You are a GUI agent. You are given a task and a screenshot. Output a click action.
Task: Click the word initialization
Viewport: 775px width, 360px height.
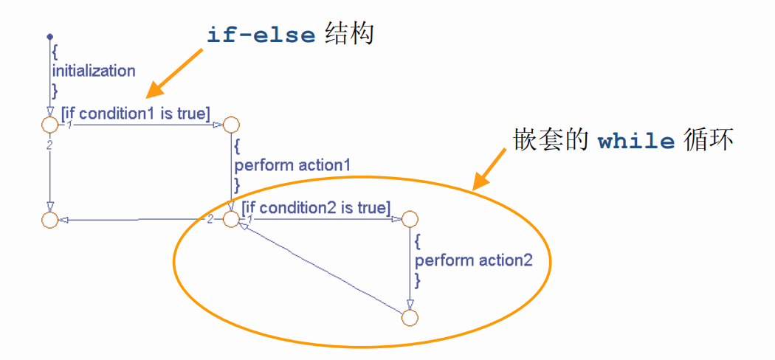coord(93,71)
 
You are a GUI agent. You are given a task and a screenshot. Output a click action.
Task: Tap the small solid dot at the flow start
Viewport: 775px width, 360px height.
coord(49,35)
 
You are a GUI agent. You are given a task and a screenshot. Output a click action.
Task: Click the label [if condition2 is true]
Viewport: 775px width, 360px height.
coord(316,207)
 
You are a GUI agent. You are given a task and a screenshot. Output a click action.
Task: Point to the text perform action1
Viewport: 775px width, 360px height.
coord(292,165)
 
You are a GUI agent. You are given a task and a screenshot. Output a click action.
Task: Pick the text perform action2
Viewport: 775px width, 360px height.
coord(472,260)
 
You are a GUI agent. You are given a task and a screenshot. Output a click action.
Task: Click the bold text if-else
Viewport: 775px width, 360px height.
coord(261,35)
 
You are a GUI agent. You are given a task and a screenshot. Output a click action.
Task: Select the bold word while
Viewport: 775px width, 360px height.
coord(636,140)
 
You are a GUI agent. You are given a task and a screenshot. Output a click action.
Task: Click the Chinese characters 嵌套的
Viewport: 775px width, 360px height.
coord(551,140)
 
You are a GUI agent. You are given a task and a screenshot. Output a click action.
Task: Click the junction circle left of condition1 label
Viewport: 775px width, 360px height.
coord(49,125)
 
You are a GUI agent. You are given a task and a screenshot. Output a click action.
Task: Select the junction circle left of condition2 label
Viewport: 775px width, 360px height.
coord(231,219)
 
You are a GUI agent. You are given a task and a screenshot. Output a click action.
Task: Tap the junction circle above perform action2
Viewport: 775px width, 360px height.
coord(410,219)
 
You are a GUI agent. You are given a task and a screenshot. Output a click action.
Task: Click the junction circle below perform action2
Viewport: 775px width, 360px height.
coord(410,317)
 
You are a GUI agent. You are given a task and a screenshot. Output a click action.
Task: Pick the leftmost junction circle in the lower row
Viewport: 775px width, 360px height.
coord(49,219)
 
